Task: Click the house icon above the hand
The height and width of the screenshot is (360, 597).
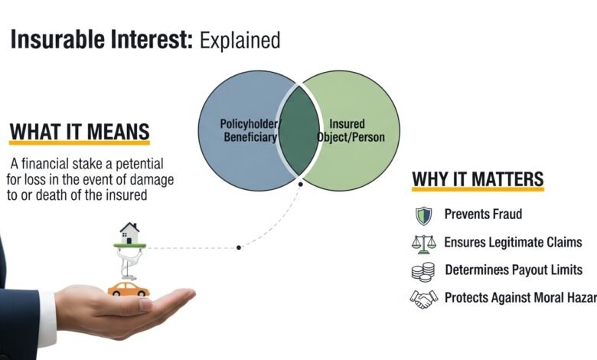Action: click(129, 231)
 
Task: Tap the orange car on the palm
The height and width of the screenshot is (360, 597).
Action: click(128, 289)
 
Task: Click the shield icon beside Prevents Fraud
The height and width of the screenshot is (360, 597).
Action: click(423, 214)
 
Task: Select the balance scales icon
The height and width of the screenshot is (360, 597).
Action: click(423, 243)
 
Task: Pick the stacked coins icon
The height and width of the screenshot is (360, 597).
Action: click(423, 270)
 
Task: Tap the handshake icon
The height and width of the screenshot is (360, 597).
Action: click(423, 298)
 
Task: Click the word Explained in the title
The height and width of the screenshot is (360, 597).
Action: click(240, 39)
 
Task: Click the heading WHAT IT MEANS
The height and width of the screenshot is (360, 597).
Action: click(80, 132)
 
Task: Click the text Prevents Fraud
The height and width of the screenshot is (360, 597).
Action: click(483, 214)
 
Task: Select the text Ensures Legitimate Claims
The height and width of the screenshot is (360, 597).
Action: click(513, 243)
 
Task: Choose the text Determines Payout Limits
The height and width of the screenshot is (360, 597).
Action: click(514, 270)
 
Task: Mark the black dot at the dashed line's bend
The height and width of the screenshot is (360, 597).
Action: click(240, 247)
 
